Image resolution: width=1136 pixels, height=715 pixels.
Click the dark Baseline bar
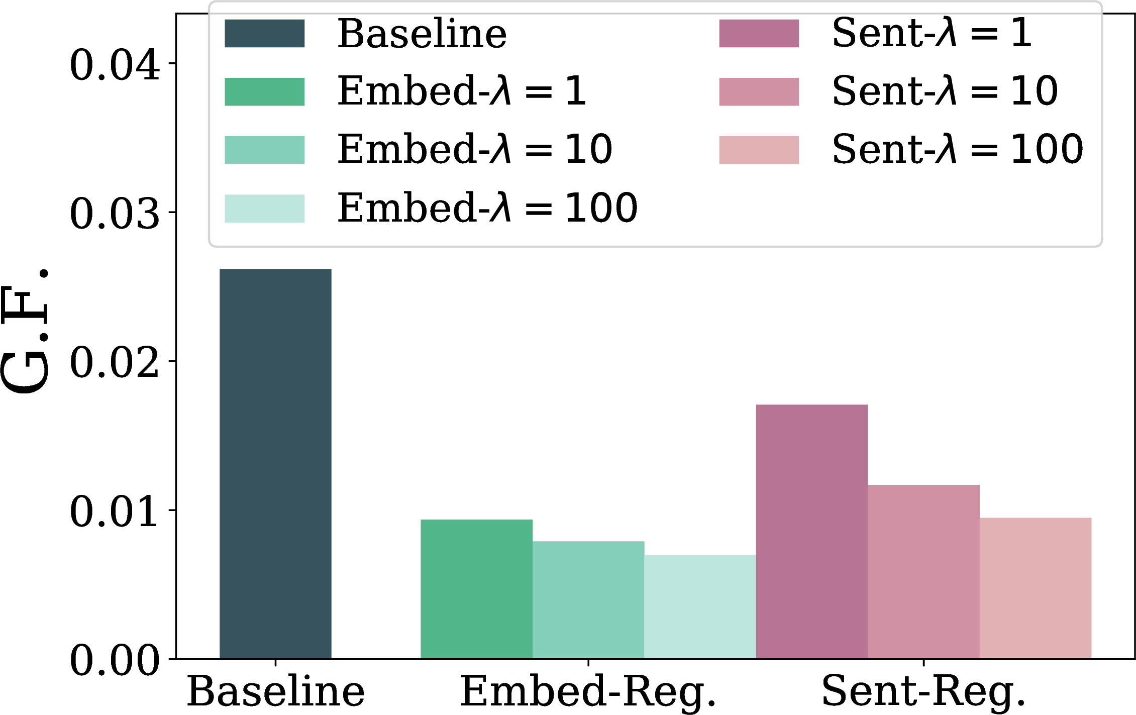(x=275, y=464)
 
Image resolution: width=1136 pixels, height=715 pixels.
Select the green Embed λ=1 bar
(x=476, y=589)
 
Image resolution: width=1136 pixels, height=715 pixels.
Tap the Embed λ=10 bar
(x=588, y=600)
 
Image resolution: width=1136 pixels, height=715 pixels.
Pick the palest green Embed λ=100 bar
(x=700, y=606)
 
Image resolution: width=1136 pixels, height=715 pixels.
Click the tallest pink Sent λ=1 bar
(x=812, y=532)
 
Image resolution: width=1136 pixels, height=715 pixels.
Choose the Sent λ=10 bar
(x=923, y=572)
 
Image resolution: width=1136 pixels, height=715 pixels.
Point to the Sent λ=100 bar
(x=1036, y=588)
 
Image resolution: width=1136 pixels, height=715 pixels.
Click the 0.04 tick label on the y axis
(x=115, y=65)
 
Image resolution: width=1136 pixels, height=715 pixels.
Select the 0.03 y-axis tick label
(x=115, y=214)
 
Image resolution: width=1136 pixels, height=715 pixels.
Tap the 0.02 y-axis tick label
(x=115, y=362)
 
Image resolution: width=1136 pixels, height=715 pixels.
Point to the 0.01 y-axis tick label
(x=115, y=512)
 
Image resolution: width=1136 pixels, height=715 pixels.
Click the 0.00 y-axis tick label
(x=115, y=660)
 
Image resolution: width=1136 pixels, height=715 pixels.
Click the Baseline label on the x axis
(x=276, y=691)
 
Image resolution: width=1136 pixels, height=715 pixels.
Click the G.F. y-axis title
(x=25, y=332)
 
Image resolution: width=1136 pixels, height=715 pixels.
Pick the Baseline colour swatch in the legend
(x=264, y=34)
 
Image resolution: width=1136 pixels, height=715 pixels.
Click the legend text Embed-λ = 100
(x=487, y=207)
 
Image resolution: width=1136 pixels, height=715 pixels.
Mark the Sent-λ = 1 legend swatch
(x=759, y=34)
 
